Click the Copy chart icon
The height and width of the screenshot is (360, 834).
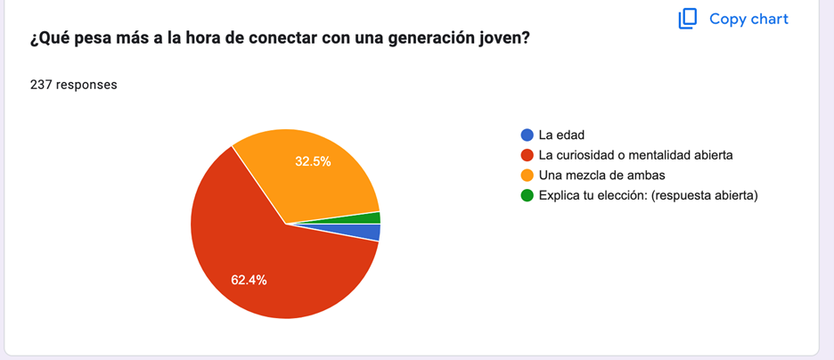pos(687,19)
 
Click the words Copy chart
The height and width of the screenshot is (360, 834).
pos(748,19)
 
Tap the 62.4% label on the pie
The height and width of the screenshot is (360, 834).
pos(249,280)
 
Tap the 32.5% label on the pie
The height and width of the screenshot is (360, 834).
pos(313,161)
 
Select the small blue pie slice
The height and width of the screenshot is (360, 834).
pos(372,232)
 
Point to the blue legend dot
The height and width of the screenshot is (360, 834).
pos(527,135)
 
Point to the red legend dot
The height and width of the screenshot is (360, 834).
pos(527,155)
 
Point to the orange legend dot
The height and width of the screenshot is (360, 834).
pos(527,175)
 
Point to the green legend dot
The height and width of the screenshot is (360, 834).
pos(527,195)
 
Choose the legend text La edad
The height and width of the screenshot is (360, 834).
pos(561,135)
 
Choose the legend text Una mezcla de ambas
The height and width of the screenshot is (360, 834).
pos(601,175)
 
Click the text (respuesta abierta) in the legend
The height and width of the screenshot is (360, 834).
pos(705,195)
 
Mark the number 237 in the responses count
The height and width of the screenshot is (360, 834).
pos(41,86)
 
